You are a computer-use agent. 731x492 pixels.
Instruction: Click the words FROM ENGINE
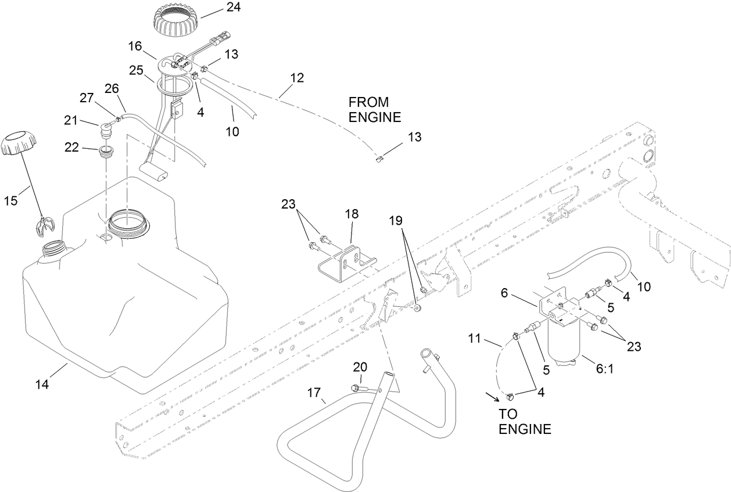pos(375,109)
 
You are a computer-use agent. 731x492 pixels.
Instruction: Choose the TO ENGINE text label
pos(525,422)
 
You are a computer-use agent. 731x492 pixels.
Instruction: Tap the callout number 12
pos(296,77)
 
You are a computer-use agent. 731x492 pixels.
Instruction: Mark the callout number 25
pos(136,70)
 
